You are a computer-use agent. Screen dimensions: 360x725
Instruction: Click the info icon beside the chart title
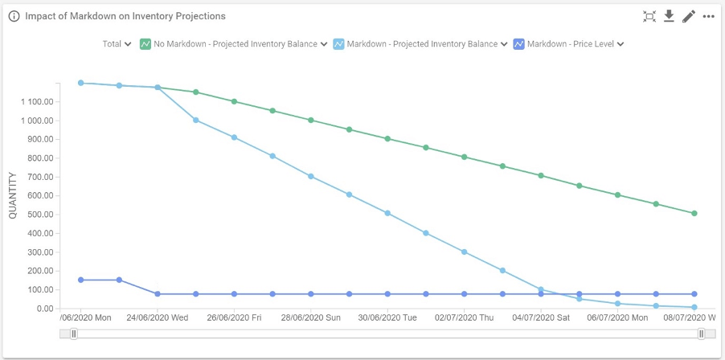pos(14,16)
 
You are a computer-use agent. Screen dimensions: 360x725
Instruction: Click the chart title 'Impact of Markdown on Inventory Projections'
pos(125,16)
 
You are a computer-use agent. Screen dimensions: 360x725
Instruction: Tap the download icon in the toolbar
pos(669,16)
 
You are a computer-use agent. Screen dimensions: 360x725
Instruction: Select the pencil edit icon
pos(688,16)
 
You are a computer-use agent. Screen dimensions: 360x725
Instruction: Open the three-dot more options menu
pos(708,16)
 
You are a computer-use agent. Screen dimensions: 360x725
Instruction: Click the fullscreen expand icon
pos(649,16)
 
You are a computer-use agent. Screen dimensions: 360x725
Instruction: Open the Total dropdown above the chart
pos(117,44)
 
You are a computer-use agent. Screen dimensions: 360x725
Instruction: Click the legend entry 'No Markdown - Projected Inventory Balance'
pos(234,44)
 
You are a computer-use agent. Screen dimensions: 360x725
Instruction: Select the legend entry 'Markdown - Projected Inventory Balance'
pos(420,44)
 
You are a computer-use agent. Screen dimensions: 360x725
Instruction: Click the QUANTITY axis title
pos(13,195)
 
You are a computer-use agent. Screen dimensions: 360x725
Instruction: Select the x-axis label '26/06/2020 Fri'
pos(234,318)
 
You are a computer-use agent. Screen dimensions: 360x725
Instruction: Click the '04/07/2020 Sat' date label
pos(542,318)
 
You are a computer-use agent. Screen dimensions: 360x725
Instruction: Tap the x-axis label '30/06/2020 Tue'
pos(387,318)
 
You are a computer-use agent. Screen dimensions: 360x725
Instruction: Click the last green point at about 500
pos(694,214)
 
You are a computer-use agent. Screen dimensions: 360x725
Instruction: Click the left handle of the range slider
pos(73,333)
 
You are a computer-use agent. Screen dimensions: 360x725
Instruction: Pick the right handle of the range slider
pos(702,333)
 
